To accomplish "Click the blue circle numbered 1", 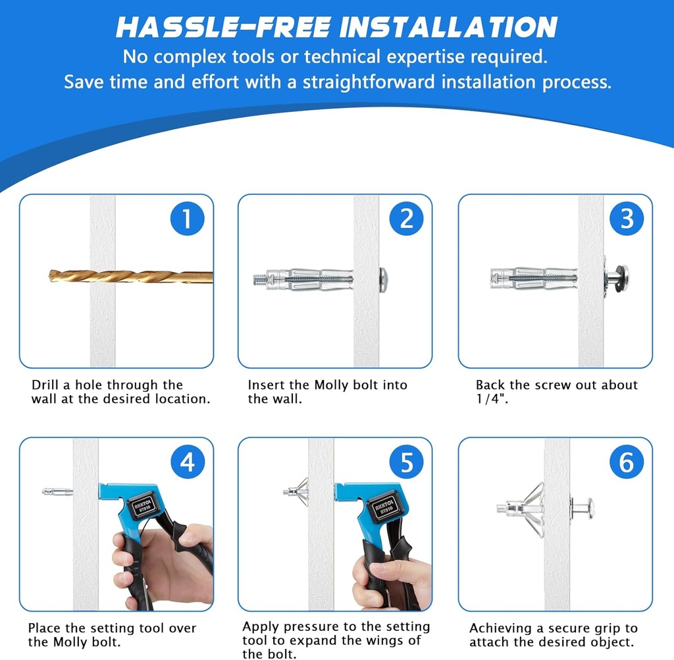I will coord(187,219).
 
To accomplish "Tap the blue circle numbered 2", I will coord(407,219).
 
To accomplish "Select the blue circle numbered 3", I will coord(627,219).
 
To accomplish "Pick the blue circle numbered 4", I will coord(187,462).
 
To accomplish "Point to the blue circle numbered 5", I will coord(407,462).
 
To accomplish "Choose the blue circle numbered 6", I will coord(627,462).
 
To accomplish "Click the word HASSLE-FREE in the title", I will coord(223,27).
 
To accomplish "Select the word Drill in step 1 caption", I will coord(45,385).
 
